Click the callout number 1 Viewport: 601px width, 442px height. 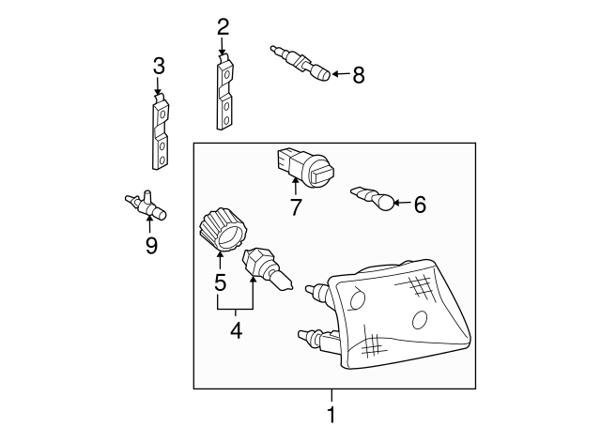point(331,415)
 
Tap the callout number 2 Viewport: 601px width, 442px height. point(223,27)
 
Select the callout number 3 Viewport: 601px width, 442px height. point(159,66)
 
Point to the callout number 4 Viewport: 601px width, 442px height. point(236,330)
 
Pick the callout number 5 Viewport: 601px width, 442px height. point(220,282)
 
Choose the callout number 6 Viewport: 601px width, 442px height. point(420,205)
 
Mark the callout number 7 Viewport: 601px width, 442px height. point(295,207)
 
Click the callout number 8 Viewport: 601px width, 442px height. point(359,75)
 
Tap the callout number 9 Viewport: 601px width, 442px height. point(151,245)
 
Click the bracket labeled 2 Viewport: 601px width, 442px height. point(224,92)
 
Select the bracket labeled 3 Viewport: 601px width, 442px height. point(161,132)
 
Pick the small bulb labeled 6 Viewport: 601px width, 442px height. point(373,198)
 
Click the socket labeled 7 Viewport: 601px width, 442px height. point(305,167)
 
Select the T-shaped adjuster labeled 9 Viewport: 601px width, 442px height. point(146,205)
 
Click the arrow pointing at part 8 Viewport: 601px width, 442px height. point(341,74)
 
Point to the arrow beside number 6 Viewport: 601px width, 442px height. point(403,203)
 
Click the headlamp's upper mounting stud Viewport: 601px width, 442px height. point(316,291)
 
